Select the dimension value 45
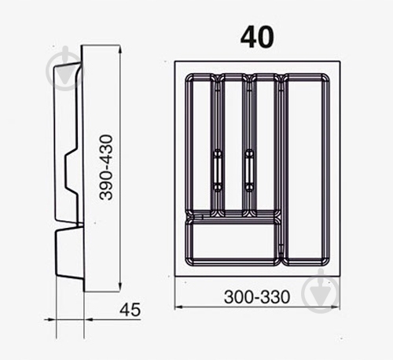tap(130, 310)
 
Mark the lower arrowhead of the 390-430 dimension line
tap(119, 288)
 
